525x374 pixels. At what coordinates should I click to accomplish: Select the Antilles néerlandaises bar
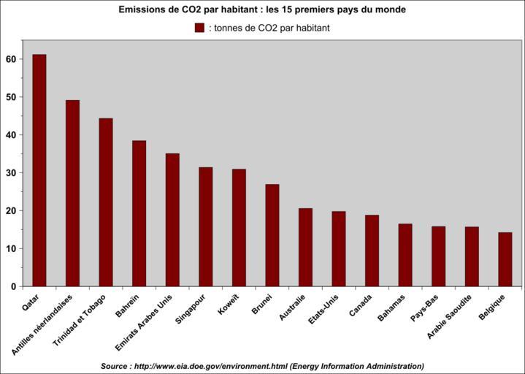(x=72, y=193)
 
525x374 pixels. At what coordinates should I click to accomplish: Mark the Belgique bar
(x=505, y=259)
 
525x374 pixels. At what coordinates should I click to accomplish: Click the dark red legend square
(x=199, y=28)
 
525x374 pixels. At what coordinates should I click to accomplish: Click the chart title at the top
(x=262, y=10)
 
